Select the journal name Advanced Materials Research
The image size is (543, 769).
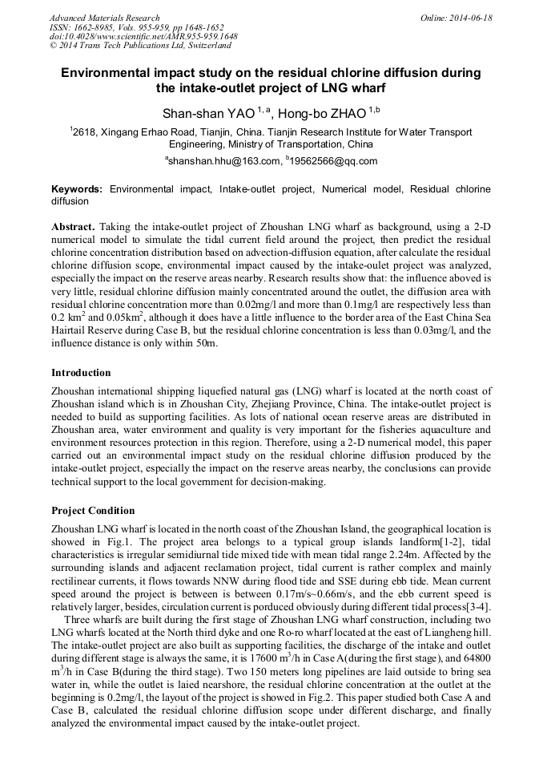click(104, 18)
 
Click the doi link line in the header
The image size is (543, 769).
click(143, 36)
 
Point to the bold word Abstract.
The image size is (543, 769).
click(73, 227)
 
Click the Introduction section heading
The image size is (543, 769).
click(81, 373)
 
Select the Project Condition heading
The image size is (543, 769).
click(93, 511)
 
